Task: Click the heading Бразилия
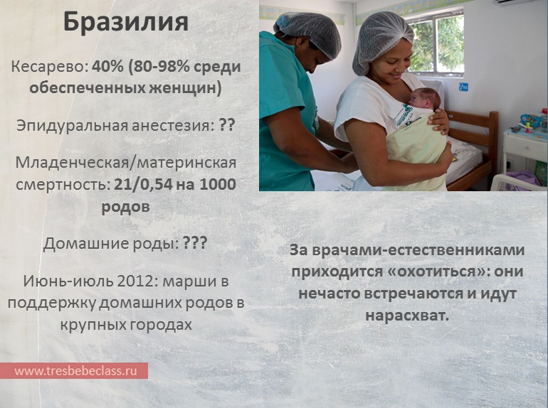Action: [x=126, y=23]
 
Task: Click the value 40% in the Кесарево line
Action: [x=107, y=66]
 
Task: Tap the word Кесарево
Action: [x=49, y=66]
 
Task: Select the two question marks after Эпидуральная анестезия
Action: [x=227, y=125]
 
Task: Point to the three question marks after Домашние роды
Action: [x=196, y=242]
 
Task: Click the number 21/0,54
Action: [x=143, y=184]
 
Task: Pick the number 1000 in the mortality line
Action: [x=218, y=184]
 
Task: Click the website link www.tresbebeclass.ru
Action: [x=75, y=370]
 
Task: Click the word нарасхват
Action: [x=407, y=315]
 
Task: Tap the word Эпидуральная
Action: [x=72, y=125]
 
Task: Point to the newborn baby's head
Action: [x=424, y=97]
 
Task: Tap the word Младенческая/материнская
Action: [x=126, y=163]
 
